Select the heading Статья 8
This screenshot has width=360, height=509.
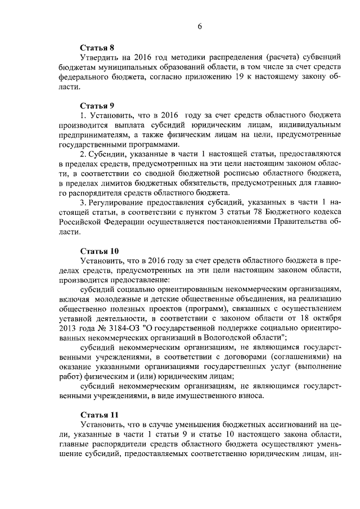[x=97, y=48]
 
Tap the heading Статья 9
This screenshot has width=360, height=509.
[x=97, y=106]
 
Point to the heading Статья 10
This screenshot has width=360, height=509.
[x=100, y=251]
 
